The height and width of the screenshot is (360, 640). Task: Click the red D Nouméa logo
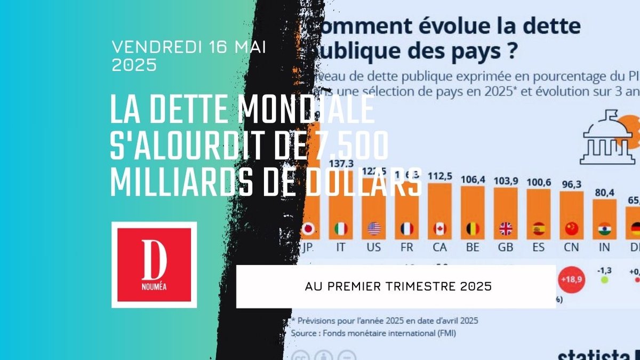coord(154,265)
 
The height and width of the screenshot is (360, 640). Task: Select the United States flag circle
coord(374,229)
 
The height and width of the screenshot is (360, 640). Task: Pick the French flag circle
coord(407,229)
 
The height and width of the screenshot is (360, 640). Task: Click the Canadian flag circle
coord(439,229)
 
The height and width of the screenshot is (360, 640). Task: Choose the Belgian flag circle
coord(473,229)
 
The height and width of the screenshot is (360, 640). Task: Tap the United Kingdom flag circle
coord(506,229)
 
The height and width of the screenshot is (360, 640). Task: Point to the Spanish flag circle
coord(539,229)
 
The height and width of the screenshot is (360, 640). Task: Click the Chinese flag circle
coord(572,229)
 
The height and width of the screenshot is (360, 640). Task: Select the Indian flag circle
coord(605,229)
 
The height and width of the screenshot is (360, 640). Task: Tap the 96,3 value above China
coord(571,184)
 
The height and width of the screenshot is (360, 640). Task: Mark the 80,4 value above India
coord(604,193)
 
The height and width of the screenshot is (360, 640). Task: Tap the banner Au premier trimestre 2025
coord(396,286)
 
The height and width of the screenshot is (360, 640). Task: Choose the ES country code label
coord(539,248)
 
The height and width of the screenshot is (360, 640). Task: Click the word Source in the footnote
coord(307,333)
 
